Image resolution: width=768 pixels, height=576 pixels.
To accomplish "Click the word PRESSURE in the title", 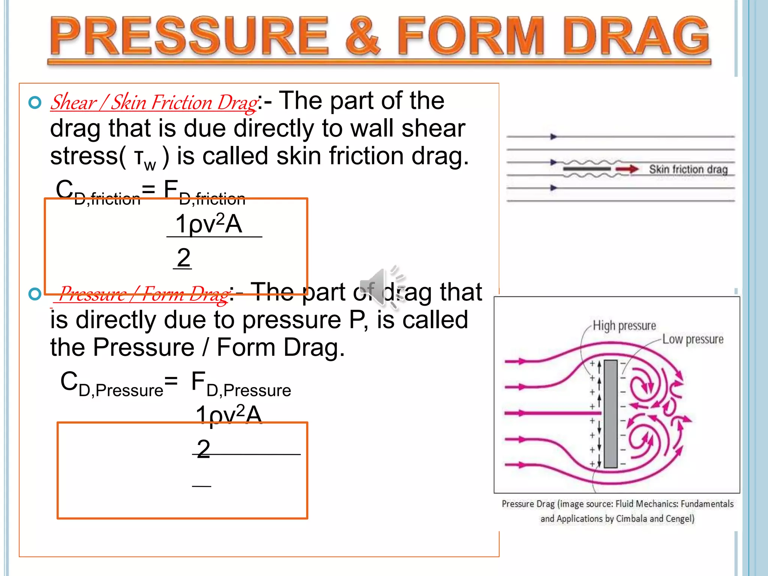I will (x=189, y=36).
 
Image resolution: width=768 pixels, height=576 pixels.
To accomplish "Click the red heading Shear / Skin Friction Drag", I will (x=154, y=102).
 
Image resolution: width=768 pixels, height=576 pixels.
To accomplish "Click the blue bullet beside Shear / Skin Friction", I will (x=35, y=102).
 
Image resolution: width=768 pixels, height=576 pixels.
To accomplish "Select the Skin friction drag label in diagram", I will (x=688, y=169).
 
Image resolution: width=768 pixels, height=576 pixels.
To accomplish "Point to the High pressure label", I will (x=624, y=325).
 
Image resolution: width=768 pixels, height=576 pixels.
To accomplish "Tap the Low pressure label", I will (x=693, y=339).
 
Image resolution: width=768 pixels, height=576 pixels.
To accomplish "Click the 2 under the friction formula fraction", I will (x=183, y=258).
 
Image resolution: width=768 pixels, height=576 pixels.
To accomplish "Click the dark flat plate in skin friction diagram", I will (x=587, y=169).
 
